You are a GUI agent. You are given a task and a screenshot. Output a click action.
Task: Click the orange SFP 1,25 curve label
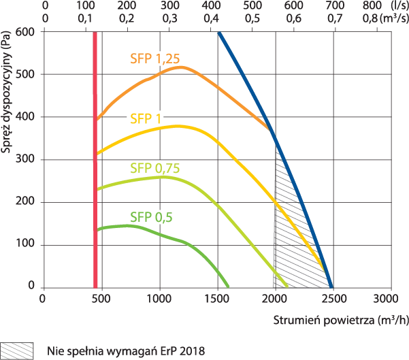coord(155,59)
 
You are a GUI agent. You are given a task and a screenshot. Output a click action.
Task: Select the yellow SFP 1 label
coord(146,119)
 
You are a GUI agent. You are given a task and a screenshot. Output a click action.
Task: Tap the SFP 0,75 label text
coord(155,168)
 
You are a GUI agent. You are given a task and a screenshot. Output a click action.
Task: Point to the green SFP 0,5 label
coord(151,217)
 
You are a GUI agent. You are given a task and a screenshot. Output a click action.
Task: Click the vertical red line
coord(95,160)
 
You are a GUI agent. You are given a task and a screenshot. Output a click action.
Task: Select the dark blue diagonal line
coord(276,160)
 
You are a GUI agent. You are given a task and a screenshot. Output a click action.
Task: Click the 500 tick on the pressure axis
coord(25,74)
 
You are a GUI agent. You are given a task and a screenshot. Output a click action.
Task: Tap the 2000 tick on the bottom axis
coord(275,299)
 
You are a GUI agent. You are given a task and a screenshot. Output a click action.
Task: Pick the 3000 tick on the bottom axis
coord(386,299)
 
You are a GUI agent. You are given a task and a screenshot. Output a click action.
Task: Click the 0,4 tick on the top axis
coord(211,18)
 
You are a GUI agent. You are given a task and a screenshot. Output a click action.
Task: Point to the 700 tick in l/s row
coord(335,5)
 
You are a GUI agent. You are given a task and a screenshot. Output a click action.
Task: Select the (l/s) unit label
coord(399,5)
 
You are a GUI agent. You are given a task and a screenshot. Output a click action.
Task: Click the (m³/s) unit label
coord(395,18)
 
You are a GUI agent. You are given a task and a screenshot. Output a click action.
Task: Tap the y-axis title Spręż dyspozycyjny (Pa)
coord(5,92)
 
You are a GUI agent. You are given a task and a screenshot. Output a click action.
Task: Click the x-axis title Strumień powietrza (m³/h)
coord(341,320)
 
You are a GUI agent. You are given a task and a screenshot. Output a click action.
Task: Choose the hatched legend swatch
coord(17,351)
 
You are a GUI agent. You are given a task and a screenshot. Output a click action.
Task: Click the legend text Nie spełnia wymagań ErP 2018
coord(126,351)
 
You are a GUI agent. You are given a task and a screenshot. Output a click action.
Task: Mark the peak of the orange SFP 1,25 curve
coord(181,67)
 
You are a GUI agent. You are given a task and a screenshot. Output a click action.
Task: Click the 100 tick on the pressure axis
coord(25,244)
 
